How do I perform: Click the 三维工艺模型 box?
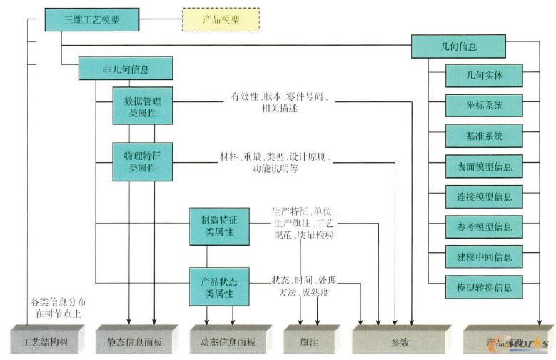pyautogui.click(x=91, y=20)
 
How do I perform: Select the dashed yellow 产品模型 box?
pyautogui.click(x=221, y=20)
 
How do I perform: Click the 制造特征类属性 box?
pyautogui.click(x=219, y=226)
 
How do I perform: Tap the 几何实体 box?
pyautogui.click(x=484, y=74)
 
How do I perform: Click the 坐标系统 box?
pyautogui.click(x=484, y=104)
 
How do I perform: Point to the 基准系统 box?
pyautogui.click(x=484, y=135)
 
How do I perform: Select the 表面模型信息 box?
pyautogui.click(x=484, y=166)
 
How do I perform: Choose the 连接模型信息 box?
pyautogui.click(x=484, y=196)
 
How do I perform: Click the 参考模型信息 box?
pyautogui.click(x=484, y=226)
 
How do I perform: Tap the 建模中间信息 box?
pyautogui.click(x=484, y=257)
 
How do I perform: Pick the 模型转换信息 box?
pyautogui.click(x=484, y=287)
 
